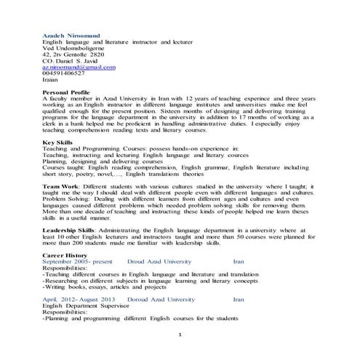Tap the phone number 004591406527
point(64,73)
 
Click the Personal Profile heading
point(67,92)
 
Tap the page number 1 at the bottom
point(180,334)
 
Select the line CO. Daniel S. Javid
point(73,60)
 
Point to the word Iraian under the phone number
point(51,80)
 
